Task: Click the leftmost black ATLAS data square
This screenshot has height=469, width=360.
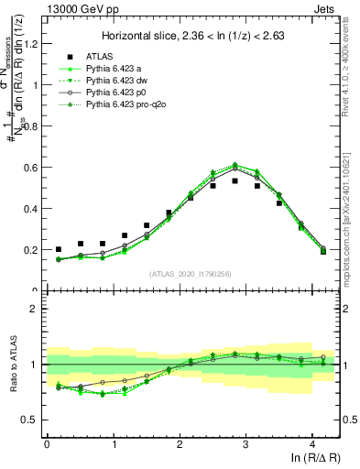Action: tap(59, 249)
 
